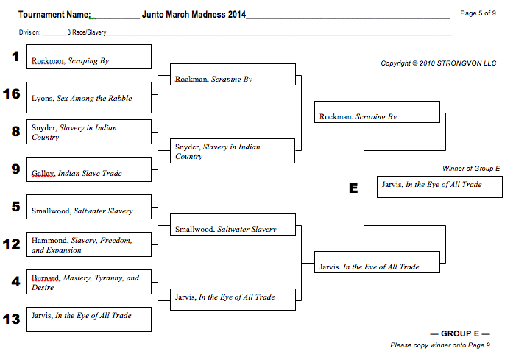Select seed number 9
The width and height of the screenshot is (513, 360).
pos(15,169)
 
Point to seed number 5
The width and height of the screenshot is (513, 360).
pos(15,206)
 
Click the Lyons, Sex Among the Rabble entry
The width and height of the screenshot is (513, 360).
pos(82,98)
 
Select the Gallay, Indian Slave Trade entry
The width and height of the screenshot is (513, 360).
pos(77,173)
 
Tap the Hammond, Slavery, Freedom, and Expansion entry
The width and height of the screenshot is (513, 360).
pos(82,245)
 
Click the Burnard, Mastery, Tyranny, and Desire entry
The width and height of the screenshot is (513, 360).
pos(85,283)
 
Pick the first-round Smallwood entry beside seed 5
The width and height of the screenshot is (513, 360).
pos(82,211)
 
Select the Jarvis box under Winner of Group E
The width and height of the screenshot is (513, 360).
pos(431,185)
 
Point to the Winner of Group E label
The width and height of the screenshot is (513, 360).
pos(471,169)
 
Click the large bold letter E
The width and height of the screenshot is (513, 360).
pos(353,188)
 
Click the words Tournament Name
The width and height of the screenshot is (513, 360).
pos(54,15)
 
